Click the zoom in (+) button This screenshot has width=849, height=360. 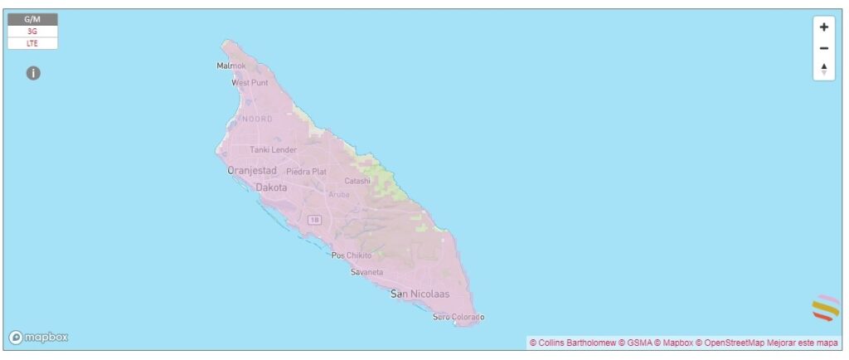[823, 27]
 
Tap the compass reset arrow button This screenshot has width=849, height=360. [823, 69]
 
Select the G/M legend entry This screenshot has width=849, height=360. [32, 19]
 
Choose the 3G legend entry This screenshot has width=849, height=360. [32, 31]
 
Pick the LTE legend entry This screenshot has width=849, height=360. [32, 42]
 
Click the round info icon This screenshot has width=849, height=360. [33, 73]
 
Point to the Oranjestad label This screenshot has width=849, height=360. [252, 171]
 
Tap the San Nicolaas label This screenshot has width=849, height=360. [420, 294]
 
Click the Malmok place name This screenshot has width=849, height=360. [231, 66]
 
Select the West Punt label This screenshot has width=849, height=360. [250, 83]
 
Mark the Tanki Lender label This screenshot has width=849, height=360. [273, 149]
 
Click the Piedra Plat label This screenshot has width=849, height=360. [306, 172]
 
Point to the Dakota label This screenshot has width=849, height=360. [271, 188]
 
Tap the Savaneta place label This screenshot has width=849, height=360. [367, 272]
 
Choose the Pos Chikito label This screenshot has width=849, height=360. [351, 255]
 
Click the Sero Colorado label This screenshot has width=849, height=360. [458, 317]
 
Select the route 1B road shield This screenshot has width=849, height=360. [314, 220]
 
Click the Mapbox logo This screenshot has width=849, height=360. [39, 338]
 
